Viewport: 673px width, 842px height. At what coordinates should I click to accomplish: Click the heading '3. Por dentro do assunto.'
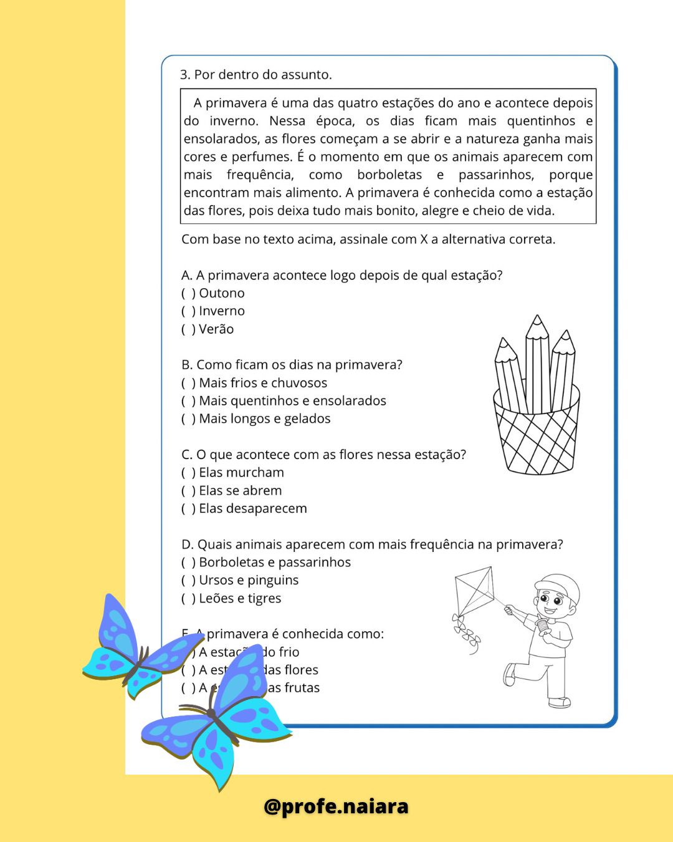point(255,75)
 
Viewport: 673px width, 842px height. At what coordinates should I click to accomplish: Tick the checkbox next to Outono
point(188,293)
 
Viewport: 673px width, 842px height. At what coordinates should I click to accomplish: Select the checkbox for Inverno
point(188,311)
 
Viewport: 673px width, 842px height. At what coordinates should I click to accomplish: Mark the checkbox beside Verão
point(188,329)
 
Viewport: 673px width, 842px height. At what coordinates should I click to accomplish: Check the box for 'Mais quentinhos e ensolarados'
point(188,401)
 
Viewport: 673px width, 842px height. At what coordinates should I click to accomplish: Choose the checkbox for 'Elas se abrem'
point(188,491)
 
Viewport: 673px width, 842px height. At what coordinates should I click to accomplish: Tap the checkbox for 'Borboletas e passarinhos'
point(188,563)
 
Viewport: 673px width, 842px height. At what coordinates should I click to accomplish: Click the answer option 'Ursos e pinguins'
point(249,581)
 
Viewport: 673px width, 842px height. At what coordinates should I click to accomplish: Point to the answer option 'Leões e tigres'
point(240,599)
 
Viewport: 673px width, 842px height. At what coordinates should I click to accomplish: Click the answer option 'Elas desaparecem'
point(253,509)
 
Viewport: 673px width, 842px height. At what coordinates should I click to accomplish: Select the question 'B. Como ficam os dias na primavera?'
point(292,365)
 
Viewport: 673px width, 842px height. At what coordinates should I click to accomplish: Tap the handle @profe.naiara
point(336,806)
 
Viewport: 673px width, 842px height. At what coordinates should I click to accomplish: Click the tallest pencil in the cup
point(537,362)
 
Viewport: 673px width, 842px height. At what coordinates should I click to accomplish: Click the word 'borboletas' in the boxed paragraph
point(389,175)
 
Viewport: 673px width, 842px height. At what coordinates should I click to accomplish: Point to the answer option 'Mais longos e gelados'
point(265,419)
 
